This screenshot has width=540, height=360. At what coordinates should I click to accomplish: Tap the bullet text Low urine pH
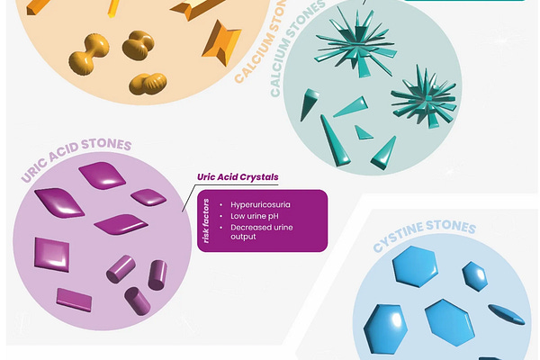click(256, 217)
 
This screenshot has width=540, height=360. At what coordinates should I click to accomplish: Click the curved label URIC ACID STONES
click(77, 157)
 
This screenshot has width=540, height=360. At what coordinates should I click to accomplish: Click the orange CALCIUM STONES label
click(274, 57)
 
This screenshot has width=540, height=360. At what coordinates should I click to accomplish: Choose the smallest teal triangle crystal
click(364, 133)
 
